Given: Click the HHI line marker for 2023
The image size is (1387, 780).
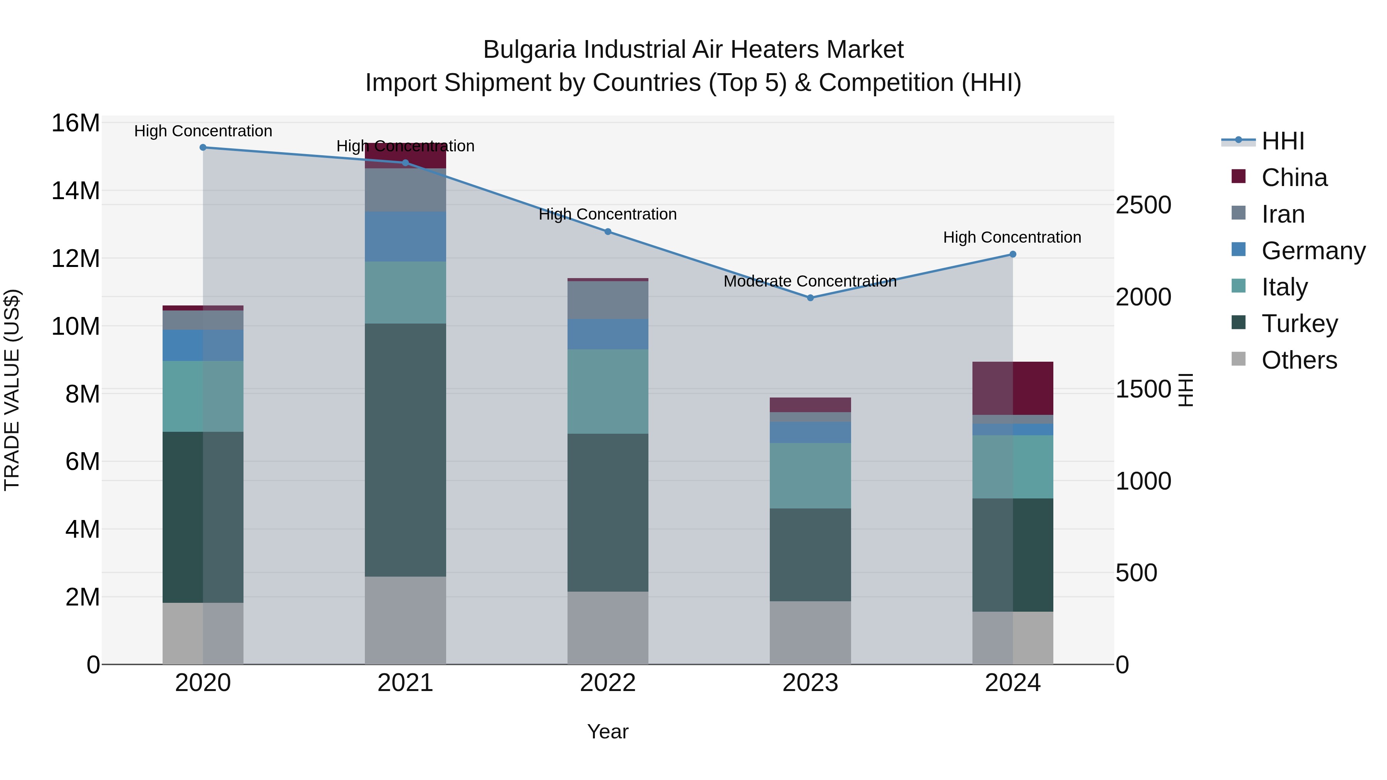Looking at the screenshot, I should coord(810,298).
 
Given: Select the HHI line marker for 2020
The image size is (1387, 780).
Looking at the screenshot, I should coord(203,148).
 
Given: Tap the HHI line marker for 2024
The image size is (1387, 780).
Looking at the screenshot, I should coord(1013,254).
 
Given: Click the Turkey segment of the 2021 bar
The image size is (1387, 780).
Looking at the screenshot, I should coord(405,450).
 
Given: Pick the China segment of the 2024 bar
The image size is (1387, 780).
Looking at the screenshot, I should coord(1013,388).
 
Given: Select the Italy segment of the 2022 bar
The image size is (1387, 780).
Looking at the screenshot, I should coord(608,391).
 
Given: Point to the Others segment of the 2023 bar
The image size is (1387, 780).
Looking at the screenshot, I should coord(810,632).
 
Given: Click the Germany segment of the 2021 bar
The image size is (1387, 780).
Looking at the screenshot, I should coord(405,237).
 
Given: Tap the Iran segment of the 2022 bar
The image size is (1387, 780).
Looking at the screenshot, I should coord(608,300).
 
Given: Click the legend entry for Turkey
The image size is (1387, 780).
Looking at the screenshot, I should coord(1299,324).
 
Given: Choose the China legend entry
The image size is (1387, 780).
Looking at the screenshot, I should coord(1294,178).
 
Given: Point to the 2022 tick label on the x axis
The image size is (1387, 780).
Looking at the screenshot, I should coord(608,683).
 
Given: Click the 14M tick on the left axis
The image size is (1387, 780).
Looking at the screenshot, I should coord(76,191).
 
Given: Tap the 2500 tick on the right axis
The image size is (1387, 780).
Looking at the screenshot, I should coord(1143,205).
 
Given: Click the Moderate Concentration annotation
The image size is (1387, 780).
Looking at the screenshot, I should coord(810,281).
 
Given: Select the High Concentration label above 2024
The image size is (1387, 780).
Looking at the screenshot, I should coord(1012,237).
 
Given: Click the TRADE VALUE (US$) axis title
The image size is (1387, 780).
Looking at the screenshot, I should coord(12,390).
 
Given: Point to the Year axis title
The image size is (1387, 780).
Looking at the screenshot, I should coord(608,731).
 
